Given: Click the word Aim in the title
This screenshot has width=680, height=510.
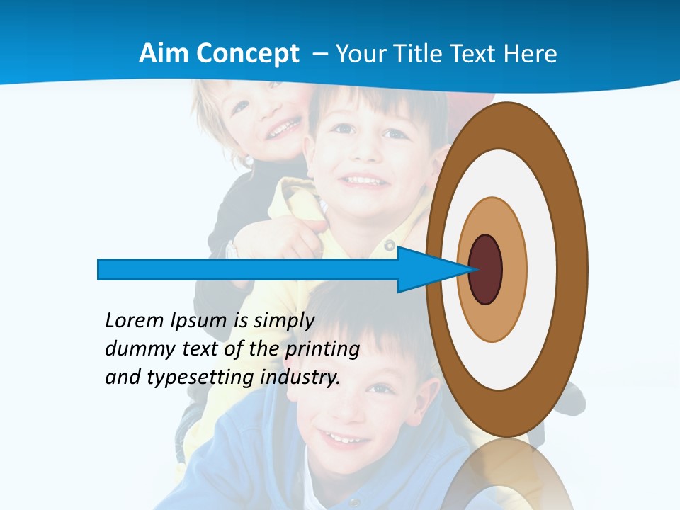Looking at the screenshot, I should (164, 54).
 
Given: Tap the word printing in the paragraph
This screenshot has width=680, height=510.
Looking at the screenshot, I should (322, 349).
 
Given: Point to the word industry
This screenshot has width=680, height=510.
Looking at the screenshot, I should (300, 378).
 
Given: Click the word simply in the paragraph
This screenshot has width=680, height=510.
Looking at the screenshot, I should (283, 321).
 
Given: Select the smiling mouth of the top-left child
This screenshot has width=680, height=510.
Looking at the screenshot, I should (283, 130).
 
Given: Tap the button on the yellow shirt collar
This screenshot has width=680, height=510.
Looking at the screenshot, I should (389, 245).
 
